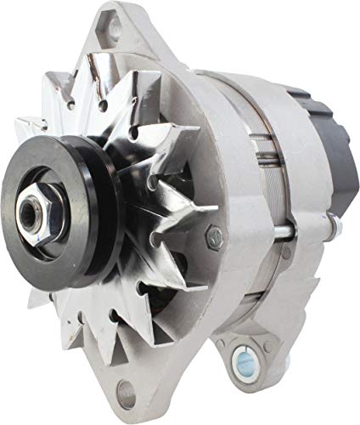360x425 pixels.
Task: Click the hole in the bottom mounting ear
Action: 127,394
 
